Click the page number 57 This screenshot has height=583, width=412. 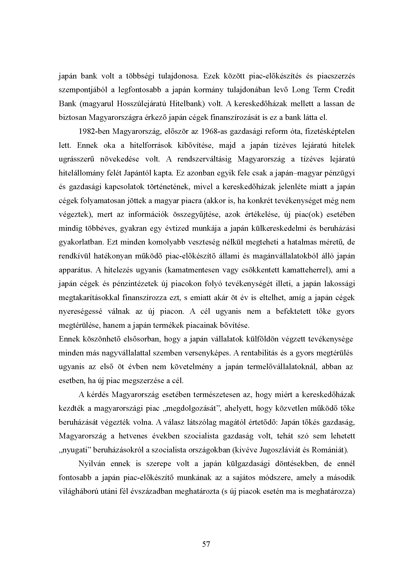tap(206, 544)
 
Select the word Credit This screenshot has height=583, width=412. tap(344, 90)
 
